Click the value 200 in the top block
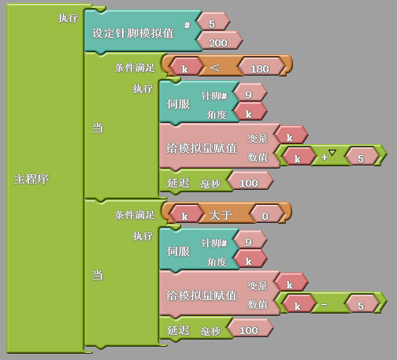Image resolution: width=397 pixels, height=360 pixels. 218,43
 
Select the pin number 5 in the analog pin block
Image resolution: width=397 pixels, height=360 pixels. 212,24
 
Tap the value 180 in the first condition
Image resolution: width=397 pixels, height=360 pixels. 260,69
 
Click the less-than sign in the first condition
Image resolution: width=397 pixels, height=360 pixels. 215,68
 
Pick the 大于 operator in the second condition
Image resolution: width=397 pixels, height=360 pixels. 221,215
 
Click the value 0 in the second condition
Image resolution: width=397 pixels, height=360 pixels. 265,216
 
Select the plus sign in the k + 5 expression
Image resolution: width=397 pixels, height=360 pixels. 325,157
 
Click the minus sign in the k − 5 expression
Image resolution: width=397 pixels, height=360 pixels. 324,305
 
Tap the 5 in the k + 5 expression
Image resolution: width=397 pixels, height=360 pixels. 361,158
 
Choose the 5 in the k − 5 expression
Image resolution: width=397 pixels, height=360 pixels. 361,306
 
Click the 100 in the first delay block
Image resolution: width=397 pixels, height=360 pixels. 249,183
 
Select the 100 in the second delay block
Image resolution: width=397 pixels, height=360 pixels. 249,330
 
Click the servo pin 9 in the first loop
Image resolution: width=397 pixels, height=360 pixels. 248,95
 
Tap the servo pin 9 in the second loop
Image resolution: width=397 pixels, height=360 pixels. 248,242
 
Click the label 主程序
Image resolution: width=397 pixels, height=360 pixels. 32,179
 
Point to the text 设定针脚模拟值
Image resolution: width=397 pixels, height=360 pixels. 133,33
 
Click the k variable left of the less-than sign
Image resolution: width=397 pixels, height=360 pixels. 184,69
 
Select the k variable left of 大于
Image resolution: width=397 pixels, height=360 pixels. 184,217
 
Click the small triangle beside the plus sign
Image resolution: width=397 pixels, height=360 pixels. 332,153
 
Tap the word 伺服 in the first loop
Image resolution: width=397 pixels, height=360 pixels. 178,104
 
